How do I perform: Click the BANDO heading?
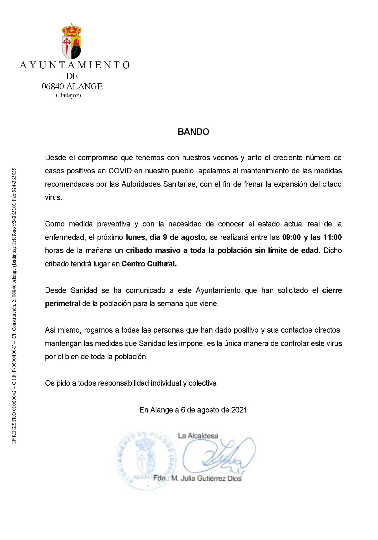[x=193, y=132]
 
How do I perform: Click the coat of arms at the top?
[x=71, y=41]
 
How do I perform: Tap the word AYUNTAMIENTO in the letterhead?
[x=75, y=65]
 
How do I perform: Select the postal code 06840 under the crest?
[x=53, y=86]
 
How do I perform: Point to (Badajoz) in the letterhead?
[x=68, y=95]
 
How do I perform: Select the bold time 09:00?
[x=291, y=237]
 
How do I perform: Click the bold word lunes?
[x=136, y=237]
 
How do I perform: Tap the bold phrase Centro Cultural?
[x=149, y=264]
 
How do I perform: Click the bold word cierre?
[x=332, y=290]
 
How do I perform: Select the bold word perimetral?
[x=62, y=304]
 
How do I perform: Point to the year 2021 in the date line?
[x=239, y=410]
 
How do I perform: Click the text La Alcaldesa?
[x=198, y=436]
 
